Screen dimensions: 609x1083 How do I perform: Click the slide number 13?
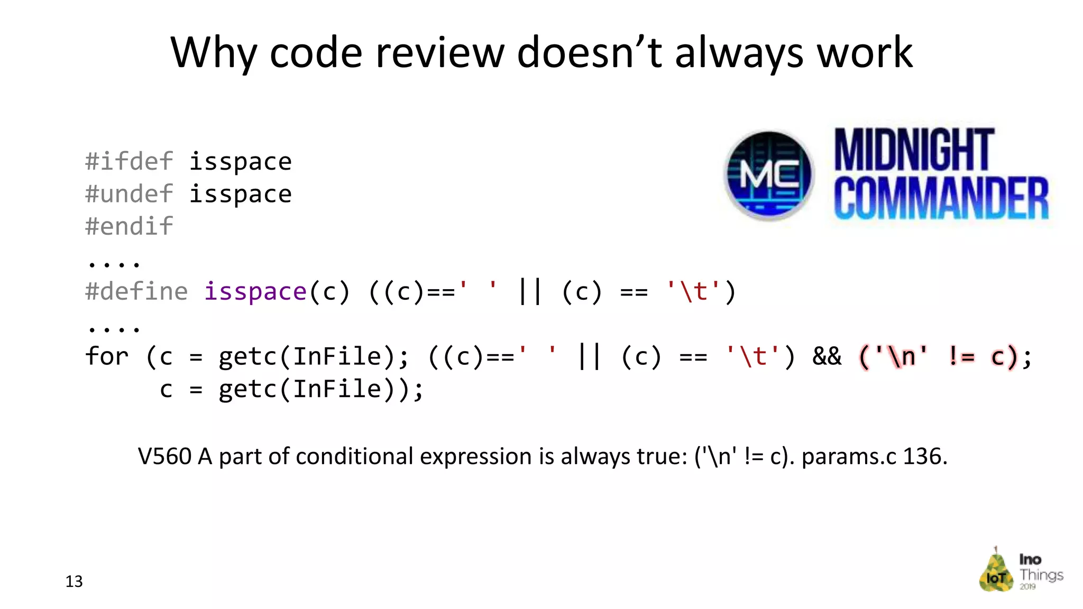(74, 582)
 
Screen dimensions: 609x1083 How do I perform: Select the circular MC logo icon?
(769, 175)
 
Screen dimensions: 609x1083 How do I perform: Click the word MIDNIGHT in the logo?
(914, 150)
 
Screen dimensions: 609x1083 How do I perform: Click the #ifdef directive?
(129, 161)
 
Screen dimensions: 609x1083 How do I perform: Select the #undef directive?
(129, 194)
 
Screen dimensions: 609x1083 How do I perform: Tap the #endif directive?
(129, 227)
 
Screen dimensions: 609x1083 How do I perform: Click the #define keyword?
(136, 292)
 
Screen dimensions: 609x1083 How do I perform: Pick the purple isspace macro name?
(255, 292)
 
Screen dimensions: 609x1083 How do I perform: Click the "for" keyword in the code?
(107, 357)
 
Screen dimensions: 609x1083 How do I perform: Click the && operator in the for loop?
(827, 357)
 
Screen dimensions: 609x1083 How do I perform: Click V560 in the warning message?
(164, 456)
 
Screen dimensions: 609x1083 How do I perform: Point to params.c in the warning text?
(849, 456)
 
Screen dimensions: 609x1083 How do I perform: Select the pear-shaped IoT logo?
(996, 571)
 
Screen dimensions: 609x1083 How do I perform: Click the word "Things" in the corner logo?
(1041, 575)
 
